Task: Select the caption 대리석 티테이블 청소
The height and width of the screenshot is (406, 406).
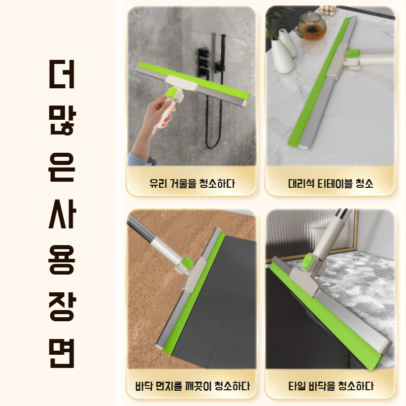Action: click(330, 183)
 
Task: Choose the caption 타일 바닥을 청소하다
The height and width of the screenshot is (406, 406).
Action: click(330, 386)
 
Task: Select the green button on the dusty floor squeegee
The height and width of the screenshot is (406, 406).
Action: click(186, 263)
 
